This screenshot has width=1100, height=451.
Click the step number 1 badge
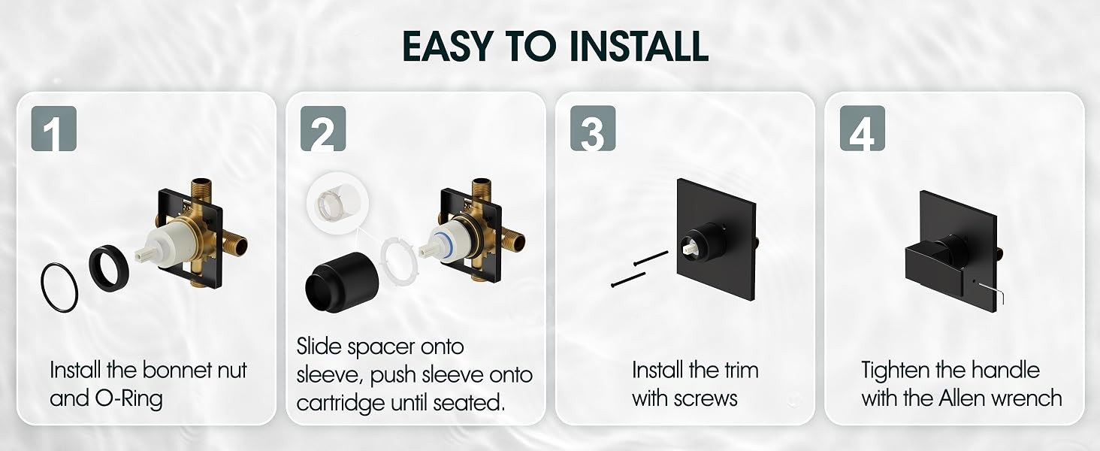tap(54, 129)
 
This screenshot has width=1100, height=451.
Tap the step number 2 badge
tap(323, 129)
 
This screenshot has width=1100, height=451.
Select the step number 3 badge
tap(593, 129)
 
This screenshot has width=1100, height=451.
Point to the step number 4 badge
tap(863, 129)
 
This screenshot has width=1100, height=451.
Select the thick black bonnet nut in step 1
tap(109, 268)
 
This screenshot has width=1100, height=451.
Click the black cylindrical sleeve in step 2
tap(341, 283)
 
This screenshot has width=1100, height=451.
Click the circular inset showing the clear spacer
tap(337, 202)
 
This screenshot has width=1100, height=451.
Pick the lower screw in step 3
tap(628, 280)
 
